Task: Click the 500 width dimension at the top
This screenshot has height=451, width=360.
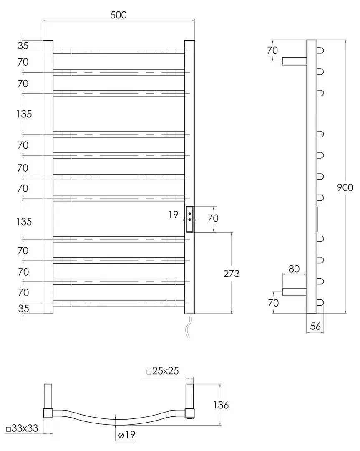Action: tap(118, 15)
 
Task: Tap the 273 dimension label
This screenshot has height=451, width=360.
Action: tap(232, 274)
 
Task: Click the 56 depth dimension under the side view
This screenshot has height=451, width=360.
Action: tap(315, 327)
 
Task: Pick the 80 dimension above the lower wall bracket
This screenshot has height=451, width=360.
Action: tap(294, 269)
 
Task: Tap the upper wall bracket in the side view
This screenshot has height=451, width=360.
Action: tap(295, 61)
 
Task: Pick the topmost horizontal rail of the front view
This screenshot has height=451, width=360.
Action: tap(118, 51)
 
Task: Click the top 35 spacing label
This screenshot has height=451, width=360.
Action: tap(23, 46)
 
